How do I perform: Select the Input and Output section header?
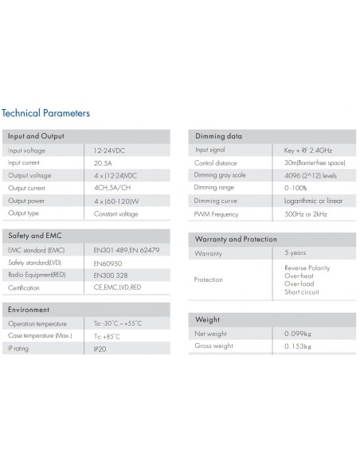point(36,136)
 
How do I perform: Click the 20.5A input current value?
point(104,163)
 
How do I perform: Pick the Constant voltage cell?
point(115,213)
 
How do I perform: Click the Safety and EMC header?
point(34,236)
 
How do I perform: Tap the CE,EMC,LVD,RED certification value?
point(117,287)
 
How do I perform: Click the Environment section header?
point(29,309)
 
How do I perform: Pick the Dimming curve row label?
point(216,201)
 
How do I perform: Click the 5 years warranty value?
point(295,253)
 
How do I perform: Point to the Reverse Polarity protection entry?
point(307,268)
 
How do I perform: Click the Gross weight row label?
point(213,346)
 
